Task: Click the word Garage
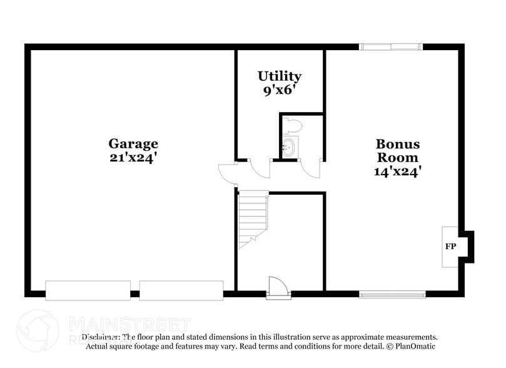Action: click(133, 144)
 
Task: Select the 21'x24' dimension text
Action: click(133, 158)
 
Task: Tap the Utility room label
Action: click(280, 76)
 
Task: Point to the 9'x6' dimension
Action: click(280, 90)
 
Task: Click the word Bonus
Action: click(397, 144)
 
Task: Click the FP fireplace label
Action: click(450, 247)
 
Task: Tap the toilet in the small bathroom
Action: click(291, 126)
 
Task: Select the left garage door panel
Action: click(88, 290)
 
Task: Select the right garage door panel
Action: click(181, 290)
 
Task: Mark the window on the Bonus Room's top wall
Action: click(390, 47)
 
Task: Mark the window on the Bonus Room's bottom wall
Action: click(392, 294)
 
